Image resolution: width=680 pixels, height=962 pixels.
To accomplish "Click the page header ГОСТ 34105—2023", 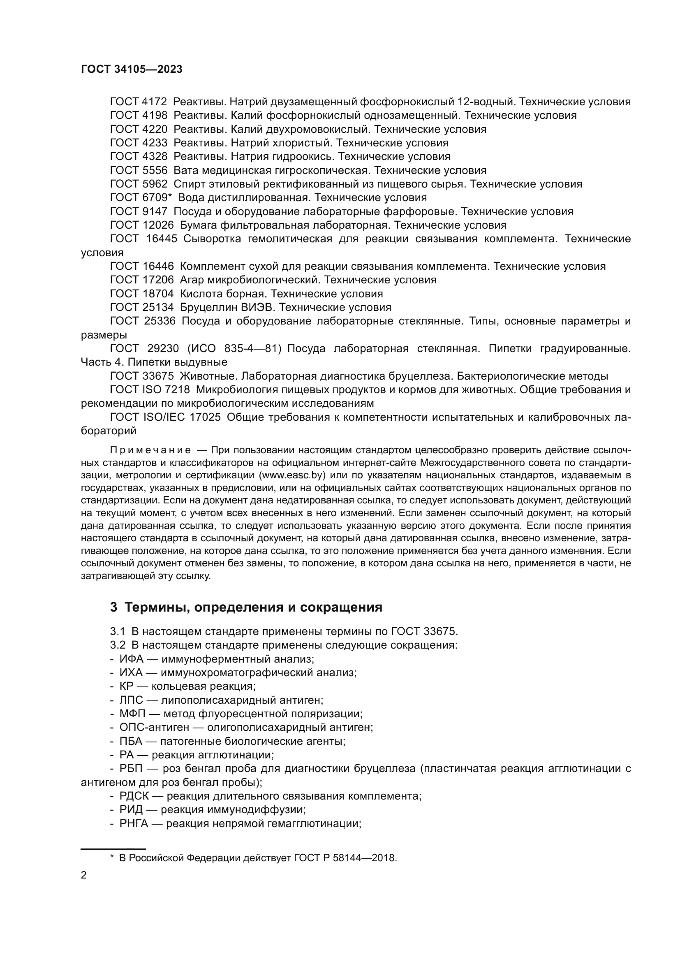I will pos(132,70).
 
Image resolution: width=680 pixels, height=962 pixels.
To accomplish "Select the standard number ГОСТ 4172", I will pos(138,102).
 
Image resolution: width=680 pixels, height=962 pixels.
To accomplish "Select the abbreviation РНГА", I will pos(134,824).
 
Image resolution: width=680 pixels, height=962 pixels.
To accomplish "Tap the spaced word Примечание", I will pos(150,450).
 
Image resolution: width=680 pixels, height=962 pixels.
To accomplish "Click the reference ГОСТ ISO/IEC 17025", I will pos(165,417).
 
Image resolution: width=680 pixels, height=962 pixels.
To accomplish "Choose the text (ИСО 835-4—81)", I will pos(234,349).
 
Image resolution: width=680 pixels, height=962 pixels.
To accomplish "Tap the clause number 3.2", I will pos(118,645).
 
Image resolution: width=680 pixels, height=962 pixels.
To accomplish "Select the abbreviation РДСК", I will pos(134,796).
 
